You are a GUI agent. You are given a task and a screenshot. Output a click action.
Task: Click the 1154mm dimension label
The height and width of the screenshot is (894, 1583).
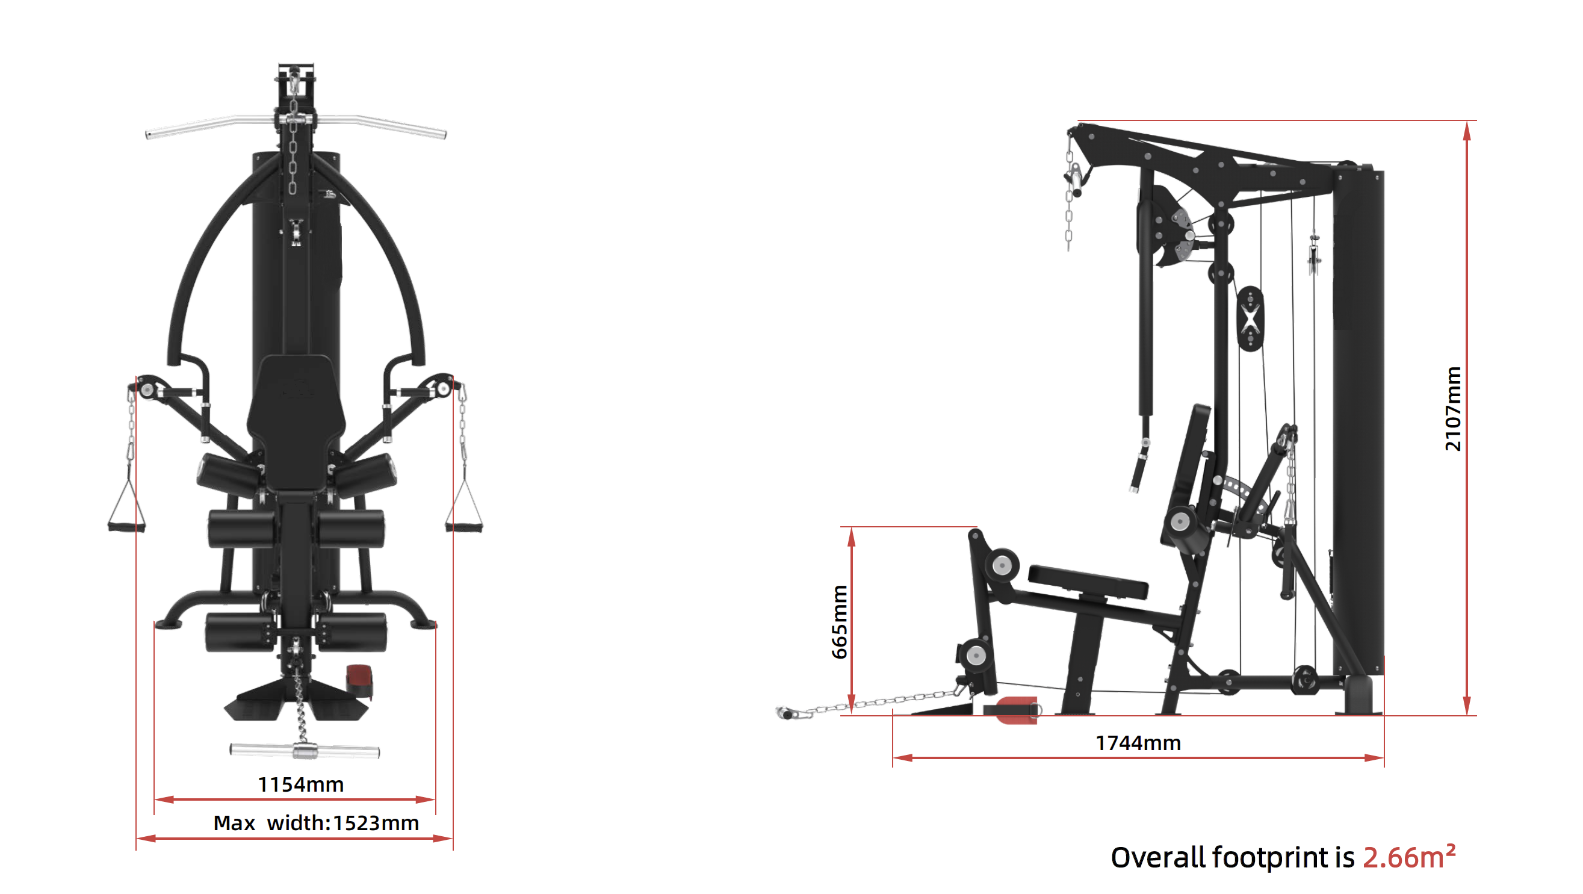coord(300,784)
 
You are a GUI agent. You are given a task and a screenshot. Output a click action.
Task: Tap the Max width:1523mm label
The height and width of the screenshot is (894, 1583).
coord(316,823)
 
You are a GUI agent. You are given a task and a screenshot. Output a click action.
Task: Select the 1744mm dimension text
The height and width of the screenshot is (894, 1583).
coord(1138,743)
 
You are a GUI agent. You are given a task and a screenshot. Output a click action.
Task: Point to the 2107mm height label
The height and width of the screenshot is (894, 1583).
coord(1453,409)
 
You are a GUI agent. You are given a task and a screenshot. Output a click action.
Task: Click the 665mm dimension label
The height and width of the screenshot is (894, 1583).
coord(840,622)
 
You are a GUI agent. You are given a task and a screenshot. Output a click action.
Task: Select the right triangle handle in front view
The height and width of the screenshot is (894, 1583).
coord(465,509)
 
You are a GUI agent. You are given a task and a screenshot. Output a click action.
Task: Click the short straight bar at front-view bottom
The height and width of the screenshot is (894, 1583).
coord(305,750)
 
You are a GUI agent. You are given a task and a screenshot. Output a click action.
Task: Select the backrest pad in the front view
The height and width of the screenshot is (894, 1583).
coord(296,418)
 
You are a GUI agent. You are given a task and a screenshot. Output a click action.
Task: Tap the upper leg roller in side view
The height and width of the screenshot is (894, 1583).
coord(1002,564)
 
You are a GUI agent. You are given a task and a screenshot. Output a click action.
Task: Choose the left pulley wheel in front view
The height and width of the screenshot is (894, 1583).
coord(147,388)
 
